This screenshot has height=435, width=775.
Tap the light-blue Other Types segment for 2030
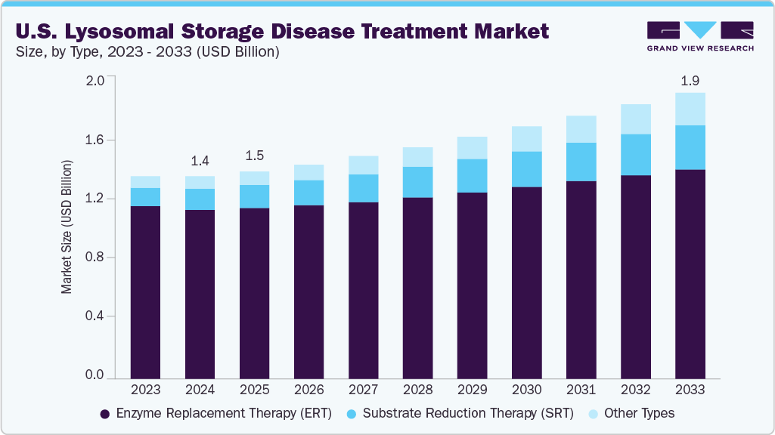pos(527,139)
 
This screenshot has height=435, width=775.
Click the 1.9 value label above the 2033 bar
pos(690,80)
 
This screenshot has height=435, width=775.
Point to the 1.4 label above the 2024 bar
pos(200,161)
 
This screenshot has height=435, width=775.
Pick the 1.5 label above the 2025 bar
pos(254,156)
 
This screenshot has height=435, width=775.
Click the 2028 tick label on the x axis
pos(417,390)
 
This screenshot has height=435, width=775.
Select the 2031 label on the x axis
pos(581,390)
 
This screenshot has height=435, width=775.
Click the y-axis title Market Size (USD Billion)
pos(67,227)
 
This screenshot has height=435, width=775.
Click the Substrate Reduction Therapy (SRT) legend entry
pos(461,413)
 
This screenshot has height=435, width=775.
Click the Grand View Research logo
pos(700,35)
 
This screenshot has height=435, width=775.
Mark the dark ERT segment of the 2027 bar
pos(363,290)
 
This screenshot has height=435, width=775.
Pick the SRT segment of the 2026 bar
pos(308,193)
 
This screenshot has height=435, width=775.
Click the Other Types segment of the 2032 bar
pos(636,119)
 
